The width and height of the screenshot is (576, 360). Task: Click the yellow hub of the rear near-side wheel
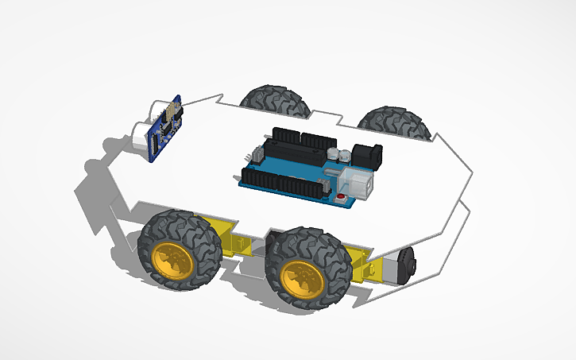301,278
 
